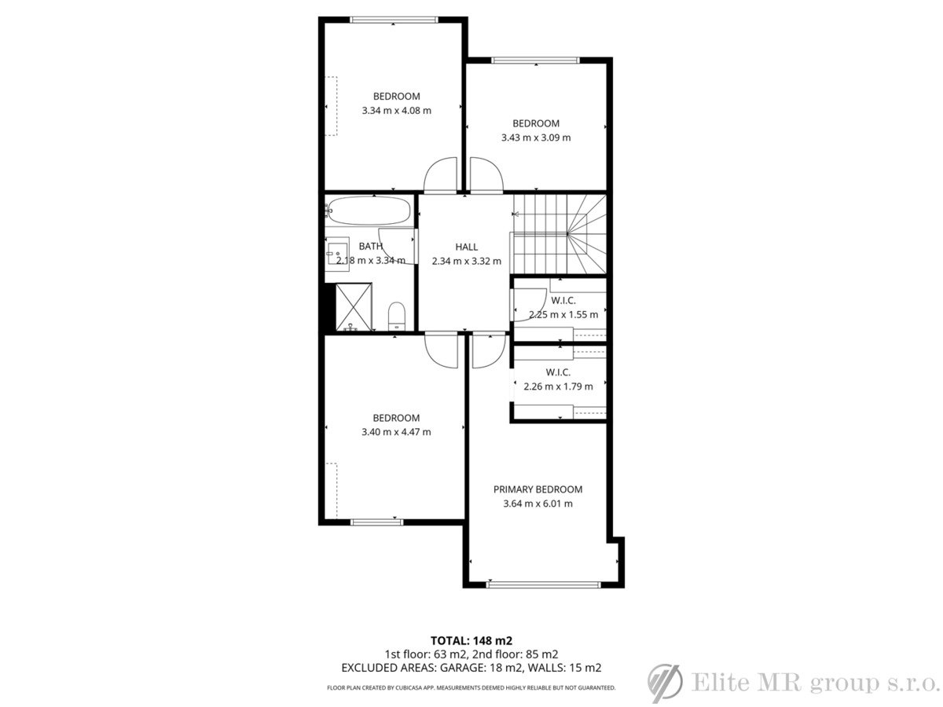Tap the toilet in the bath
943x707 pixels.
[397, 316]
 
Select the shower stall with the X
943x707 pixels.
[354, 306]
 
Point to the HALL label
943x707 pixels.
[466, 247]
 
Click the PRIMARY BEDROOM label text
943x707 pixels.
[538, 489]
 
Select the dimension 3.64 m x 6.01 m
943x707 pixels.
[538, 504]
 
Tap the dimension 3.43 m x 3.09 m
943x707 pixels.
[536, 137]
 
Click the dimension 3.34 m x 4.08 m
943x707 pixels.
[396, 111]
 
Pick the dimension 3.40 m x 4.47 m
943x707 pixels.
[396, 432]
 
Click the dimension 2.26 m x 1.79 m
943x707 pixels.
[558, 386]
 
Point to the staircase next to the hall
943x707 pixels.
[560, 234]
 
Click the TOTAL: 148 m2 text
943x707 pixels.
[472, 640]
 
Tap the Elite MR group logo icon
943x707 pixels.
[665, 683]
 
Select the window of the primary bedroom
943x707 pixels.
[544, 584]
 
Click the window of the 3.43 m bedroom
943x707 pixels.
[536, 60]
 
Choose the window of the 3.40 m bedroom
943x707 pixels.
[376, 522]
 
